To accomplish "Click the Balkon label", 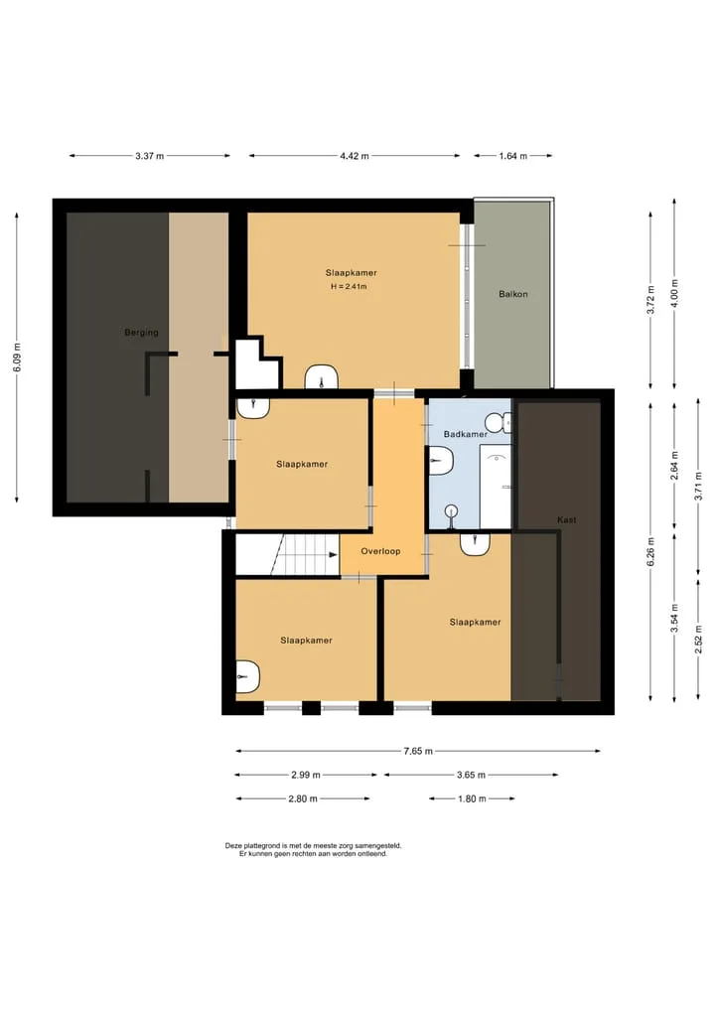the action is click(x=513, y=294).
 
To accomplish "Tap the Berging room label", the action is click(x=141, y=333).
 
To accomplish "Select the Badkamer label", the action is click(x=465, y=434).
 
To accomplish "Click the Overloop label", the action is click(x=380, y=551).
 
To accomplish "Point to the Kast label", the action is click(x=567, y=519).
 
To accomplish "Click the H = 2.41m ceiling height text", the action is click(x=349, y=287).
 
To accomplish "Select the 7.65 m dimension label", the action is click(x=418, y=751).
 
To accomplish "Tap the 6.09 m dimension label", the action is click(x=18, y=357).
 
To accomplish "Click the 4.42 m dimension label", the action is click(x=355, y=156).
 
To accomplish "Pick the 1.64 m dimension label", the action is click(x=512, y=156).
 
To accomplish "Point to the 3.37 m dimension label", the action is click(x=149, y=156).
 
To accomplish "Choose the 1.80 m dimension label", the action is click(x=472, y=798).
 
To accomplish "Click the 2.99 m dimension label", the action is click(x=305, y=775).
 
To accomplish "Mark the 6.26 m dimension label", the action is click(x=651, y=552).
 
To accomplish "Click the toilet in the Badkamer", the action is click(x=500, y=422).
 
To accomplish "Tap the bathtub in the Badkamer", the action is click(x=496, y=487).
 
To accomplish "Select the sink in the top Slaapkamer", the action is click(x=322, y=377).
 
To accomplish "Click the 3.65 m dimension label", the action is click(x=471, y=775).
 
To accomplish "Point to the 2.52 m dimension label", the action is click(x=699, y=640).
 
